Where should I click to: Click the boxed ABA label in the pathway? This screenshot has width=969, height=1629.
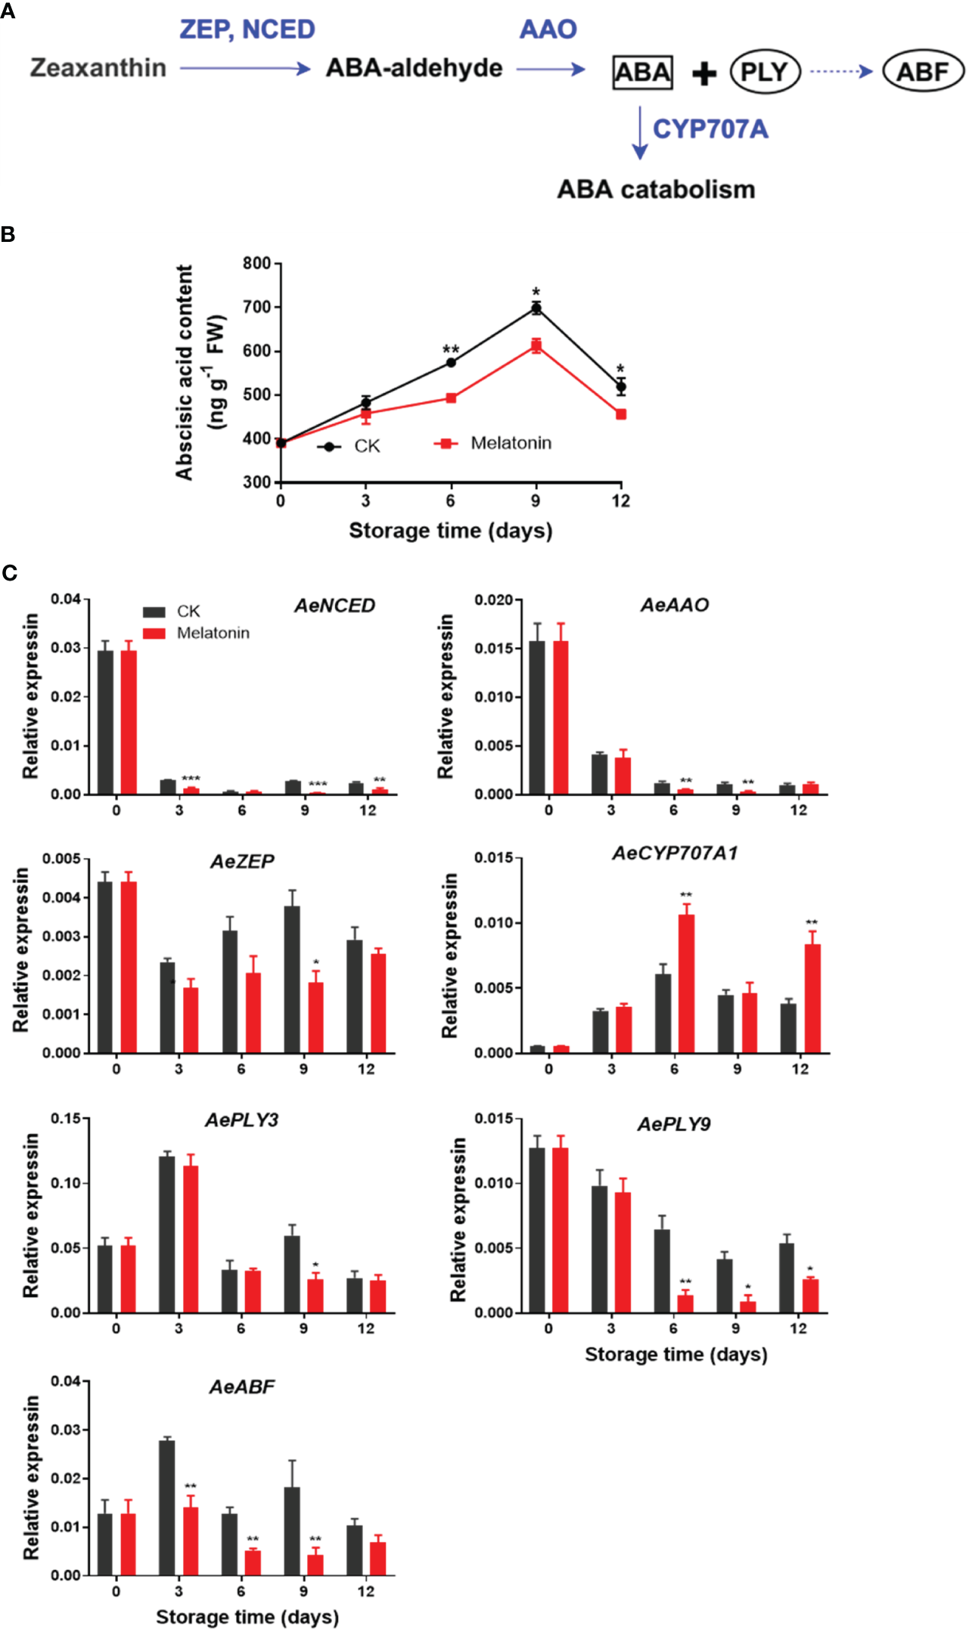click(x=642, y=73)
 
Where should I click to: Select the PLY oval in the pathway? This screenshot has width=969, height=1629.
click(x=765, y=72)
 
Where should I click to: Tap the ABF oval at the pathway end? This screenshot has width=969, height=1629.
click(x=923, y=72)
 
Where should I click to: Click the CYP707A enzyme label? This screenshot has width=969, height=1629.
click(x=710, y=129)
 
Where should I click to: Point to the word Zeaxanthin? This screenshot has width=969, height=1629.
click(x=98, y=68)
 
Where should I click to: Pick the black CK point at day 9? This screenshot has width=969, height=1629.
click(x=536, y=308)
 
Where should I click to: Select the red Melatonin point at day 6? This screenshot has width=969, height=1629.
click(x=451, y=398)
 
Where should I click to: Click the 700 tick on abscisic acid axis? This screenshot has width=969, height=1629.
click(x=256, y=307)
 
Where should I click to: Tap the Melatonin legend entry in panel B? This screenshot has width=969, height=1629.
click(x=511, y=443)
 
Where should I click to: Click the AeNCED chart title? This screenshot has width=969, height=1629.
click(x=334, y=605)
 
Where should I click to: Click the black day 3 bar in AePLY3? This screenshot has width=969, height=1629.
click(x=167, y=1234)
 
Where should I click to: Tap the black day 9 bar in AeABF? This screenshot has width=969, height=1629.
click(x=292, y=1531)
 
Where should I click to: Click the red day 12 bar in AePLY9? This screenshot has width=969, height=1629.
click(x=810, y=1296)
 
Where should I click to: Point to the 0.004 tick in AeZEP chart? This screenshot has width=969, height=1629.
click(x=62, y=897)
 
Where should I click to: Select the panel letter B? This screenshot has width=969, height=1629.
click(x=8, y=234)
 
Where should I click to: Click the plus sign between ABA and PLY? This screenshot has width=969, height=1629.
click(x=703, y=73)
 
